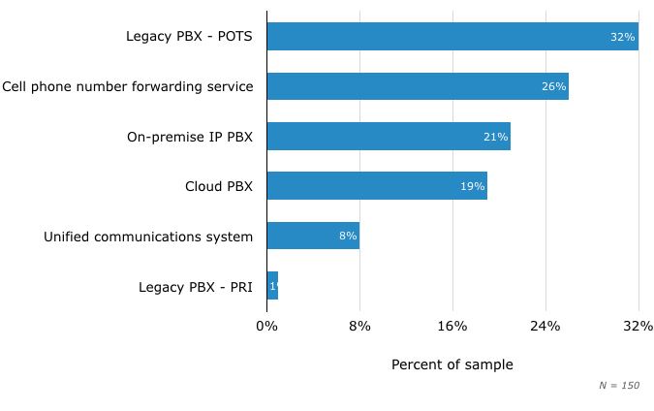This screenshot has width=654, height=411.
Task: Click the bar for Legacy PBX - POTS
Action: click(x=452, y=37)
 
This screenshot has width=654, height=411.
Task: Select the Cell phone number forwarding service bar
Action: click(x=418, y=86)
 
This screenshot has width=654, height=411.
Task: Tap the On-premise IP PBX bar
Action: click(x=389, y=137)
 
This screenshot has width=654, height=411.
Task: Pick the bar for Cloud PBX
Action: click(x=377, y=186)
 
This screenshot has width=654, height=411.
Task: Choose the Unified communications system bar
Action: click(x=313, y=236)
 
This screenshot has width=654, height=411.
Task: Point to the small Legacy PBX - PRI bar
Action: click(x=272, y=286)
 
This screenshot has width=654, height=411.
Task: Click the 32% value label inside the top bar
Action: click(x=622, y=37)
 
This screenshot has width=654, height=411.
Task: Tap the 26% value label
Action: click(x=553, y=86)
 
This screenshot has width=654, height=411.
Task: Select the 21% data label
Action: click(x=495, y=137)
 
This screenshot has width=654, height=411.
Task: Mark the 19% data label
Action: click(x=472, y=186)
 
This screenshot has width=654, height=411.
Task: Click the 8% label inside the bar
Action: click(x=348, y=236)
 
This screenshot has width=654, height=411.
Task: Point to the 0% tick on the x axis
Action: click(x=266, y=327)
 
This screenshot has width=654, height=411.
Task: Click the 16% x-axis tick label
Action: click(x=452, y=327)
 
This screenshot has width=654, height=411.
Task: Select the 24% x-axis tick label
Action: click(x=545, y=327)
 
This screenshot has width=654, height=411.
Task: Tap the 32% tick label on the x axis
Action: click(x=638, y=327)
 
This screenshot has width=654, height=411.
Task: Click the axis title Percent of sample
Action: click(x=452, y=365)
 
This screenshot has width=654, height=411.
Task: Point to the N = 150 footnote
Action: click(x=619, y=386)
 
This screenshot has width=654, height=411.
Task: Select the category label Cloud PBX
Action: click(x=219, y=186)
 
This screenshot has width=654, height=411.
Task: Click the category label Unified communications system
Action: click(x=148, y=237)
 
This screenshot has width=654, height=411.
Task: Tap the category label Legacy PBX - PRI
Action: click(x=196, y=287)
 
